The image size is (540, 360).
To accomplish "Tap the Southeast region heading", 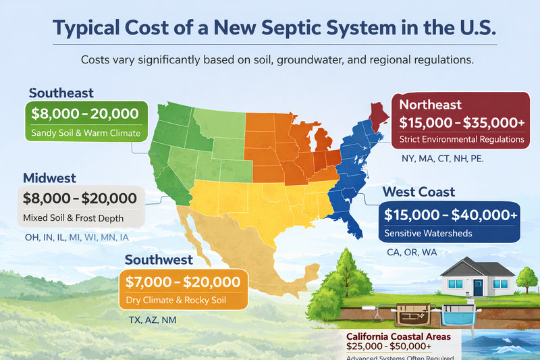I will tap(61, 93).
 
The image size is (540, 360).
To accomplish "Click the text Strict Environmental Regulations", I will tap(462, 139).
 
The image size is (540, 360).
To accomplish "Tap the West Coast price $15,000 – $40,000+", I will tap(451, 215).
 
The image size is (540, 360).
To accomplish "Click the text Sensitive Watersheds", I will tap(427, 233).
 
